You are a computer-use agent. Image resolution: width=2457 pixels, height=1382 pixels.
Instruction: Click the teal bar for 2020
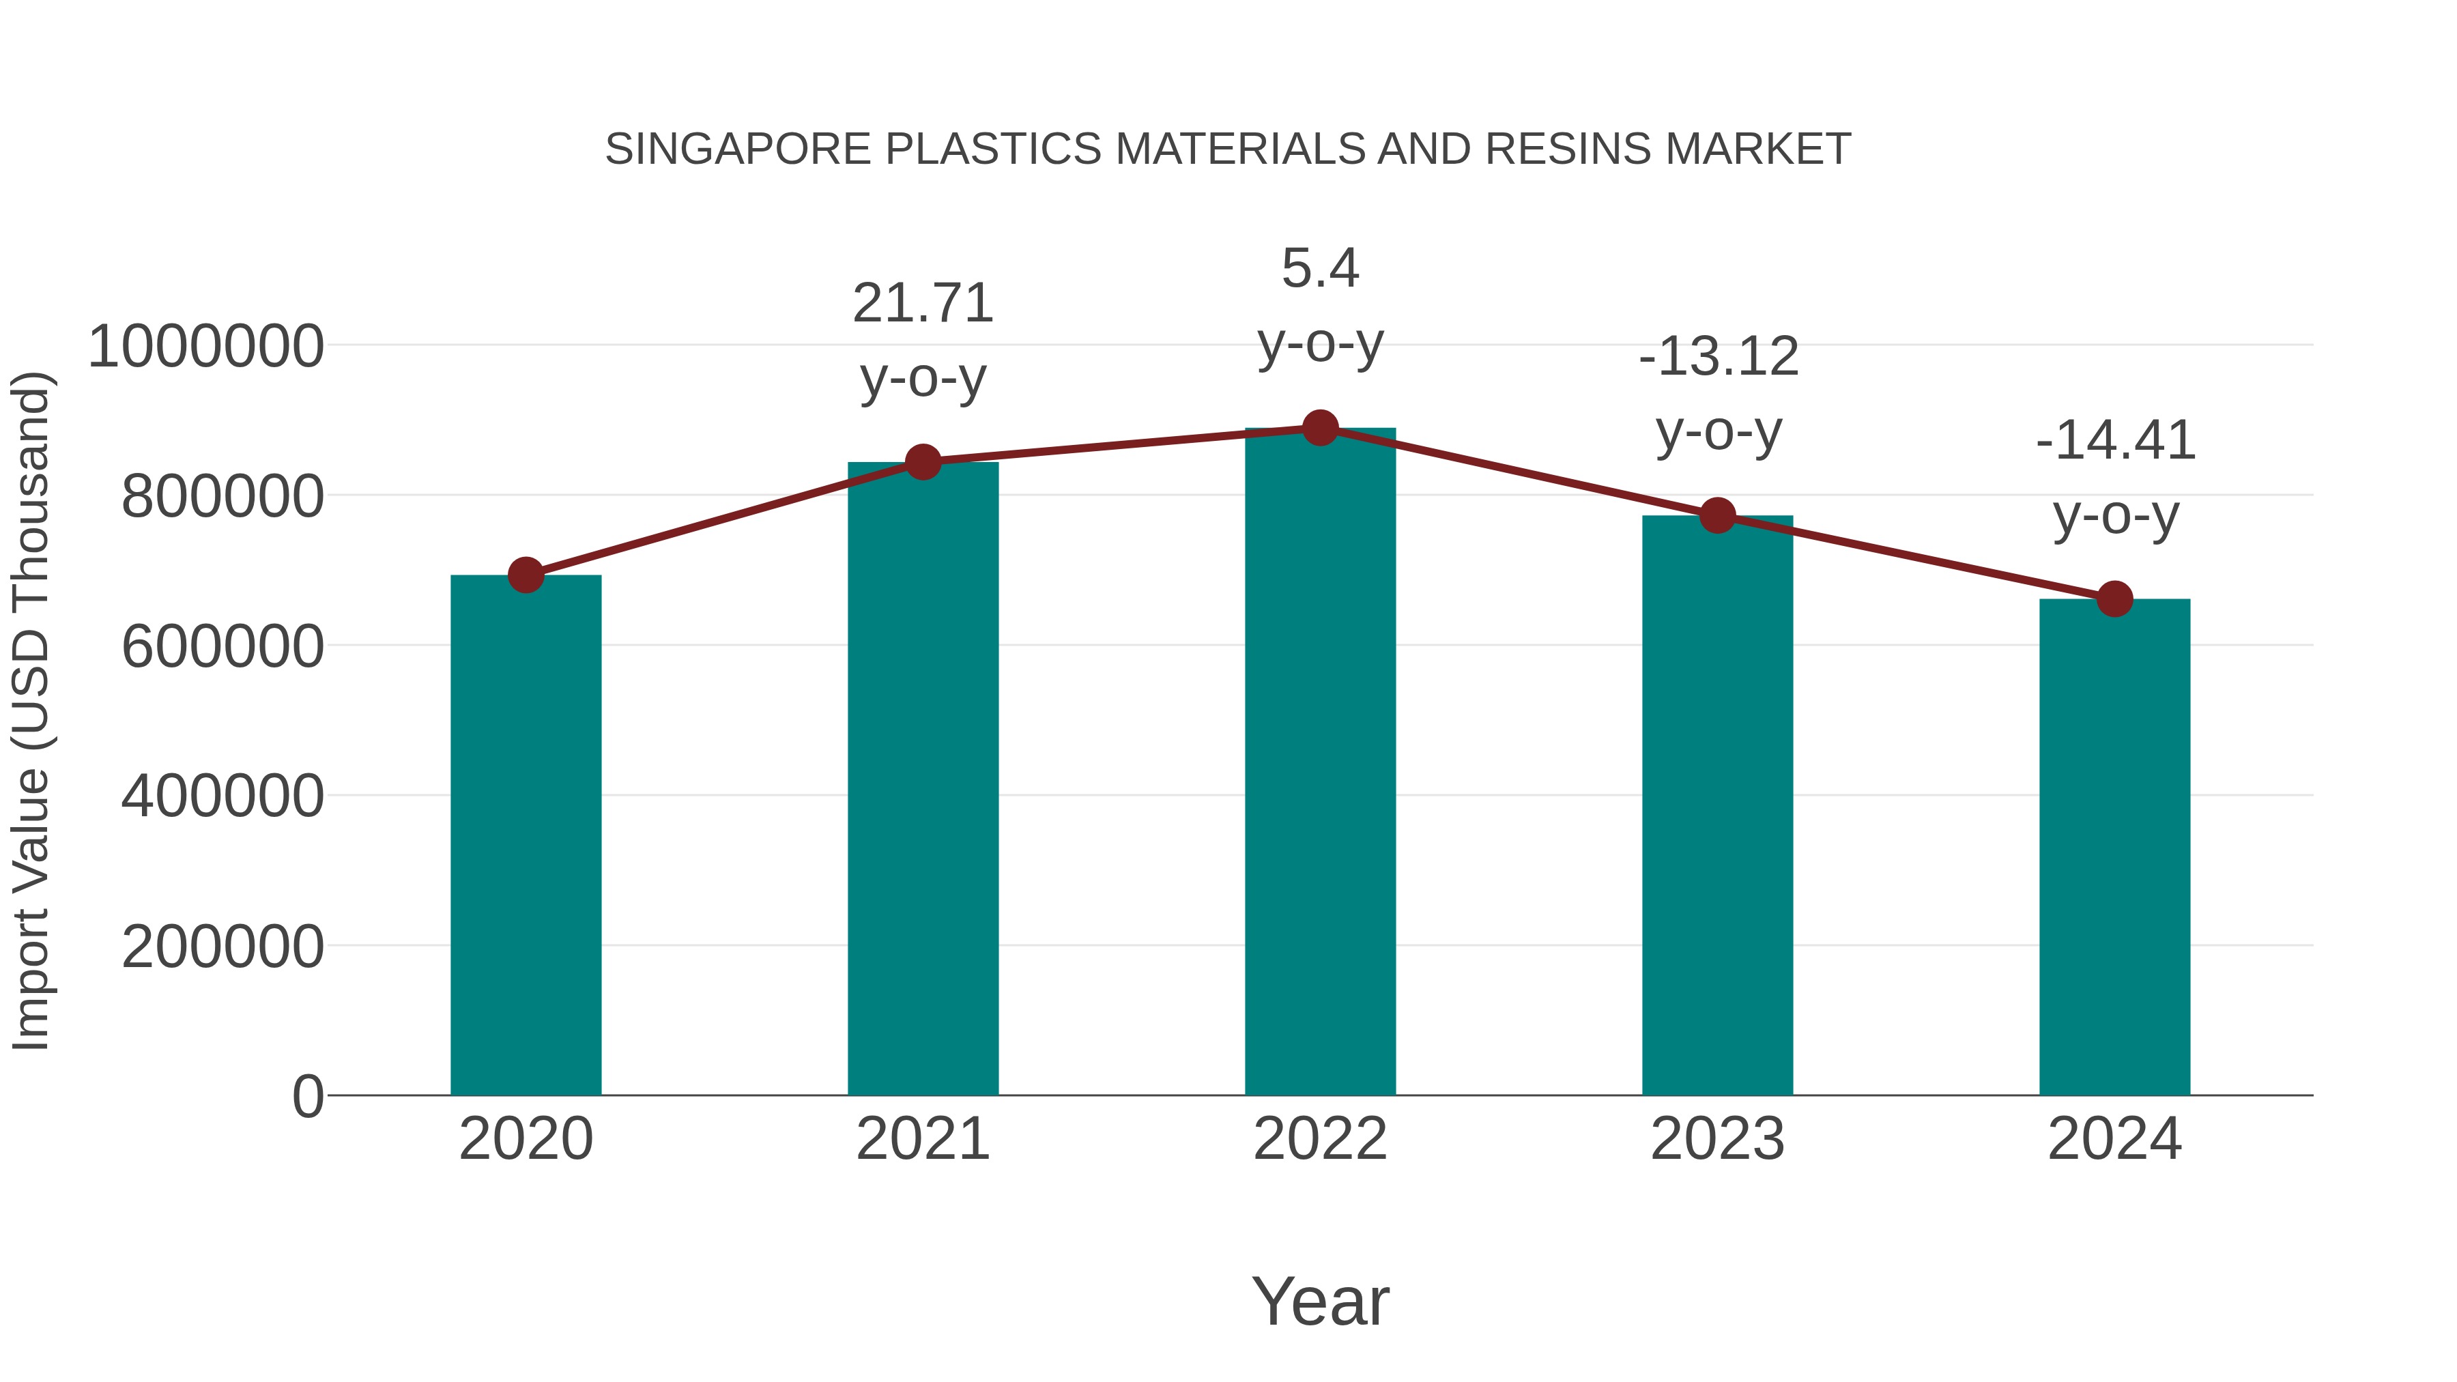click(x=526, y=835)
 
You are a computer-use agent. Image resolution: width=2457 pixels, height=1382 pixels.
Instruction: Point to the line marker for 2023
click(x=1718, y=516)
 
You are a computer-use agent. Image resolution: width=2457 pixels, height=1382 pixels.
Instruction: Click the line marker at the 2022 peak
click(x=1320, y=428)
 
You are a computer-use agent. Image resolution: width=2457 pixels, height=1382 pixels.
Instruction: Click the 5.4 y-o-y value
click(x=1320, y=268)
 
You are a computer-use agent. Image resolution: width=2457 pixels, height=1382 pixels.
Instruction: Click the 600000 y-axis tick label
click(x=223, y=647)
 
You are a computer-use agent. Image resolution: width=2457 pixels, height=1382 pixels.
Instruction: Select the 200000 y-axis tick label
click(x=223, y=947)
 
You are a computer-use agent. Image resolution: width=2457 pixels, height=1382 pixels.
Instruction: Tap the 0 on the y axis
click(x=308, y=1096)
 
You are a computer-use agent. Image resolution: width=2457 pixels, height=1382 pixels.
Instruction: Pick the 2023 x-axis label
click(x=1718, y=1139)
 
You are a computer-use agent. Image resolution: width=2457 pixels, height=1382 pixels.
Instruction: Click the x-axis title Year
click(x=1320, y=1301)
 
